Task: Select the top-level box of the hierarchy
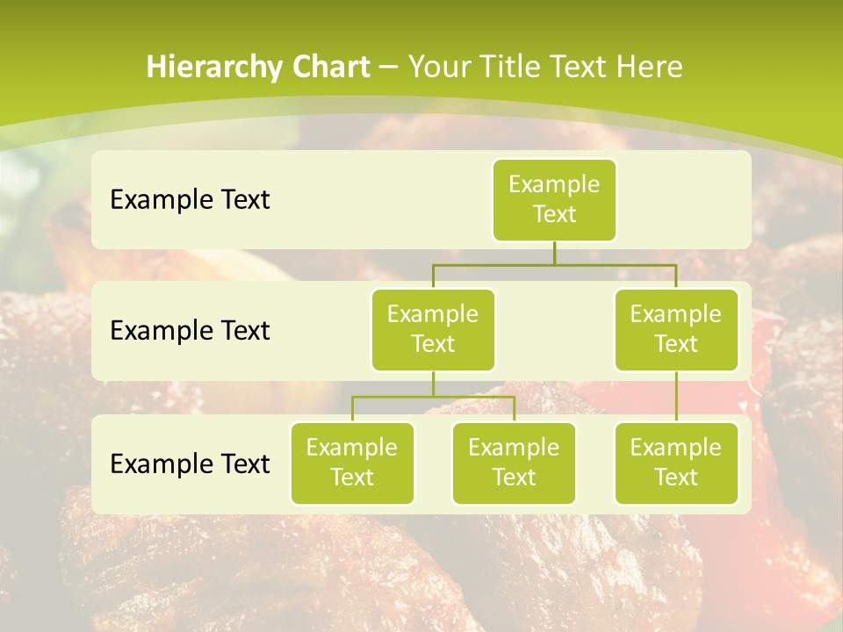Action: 554,199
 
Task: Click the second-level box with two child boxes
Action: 433,329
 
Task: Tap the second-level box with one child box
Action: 676,329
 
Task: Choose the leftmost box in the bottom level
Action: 352,463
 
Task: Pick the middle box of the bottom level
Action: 514,463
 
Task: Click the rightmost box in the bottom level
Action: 676,463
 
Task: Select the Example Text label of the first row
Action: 190,200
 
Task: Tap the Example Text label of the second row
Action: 190,331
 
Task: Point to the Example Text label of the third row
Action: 190,463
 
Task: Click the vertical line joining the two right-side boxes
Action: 676,397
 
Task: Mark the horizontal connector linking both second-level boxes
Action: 554,264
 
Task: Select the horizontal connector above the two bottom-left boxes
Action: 433,397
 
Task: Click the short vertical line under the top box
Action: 554,253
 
